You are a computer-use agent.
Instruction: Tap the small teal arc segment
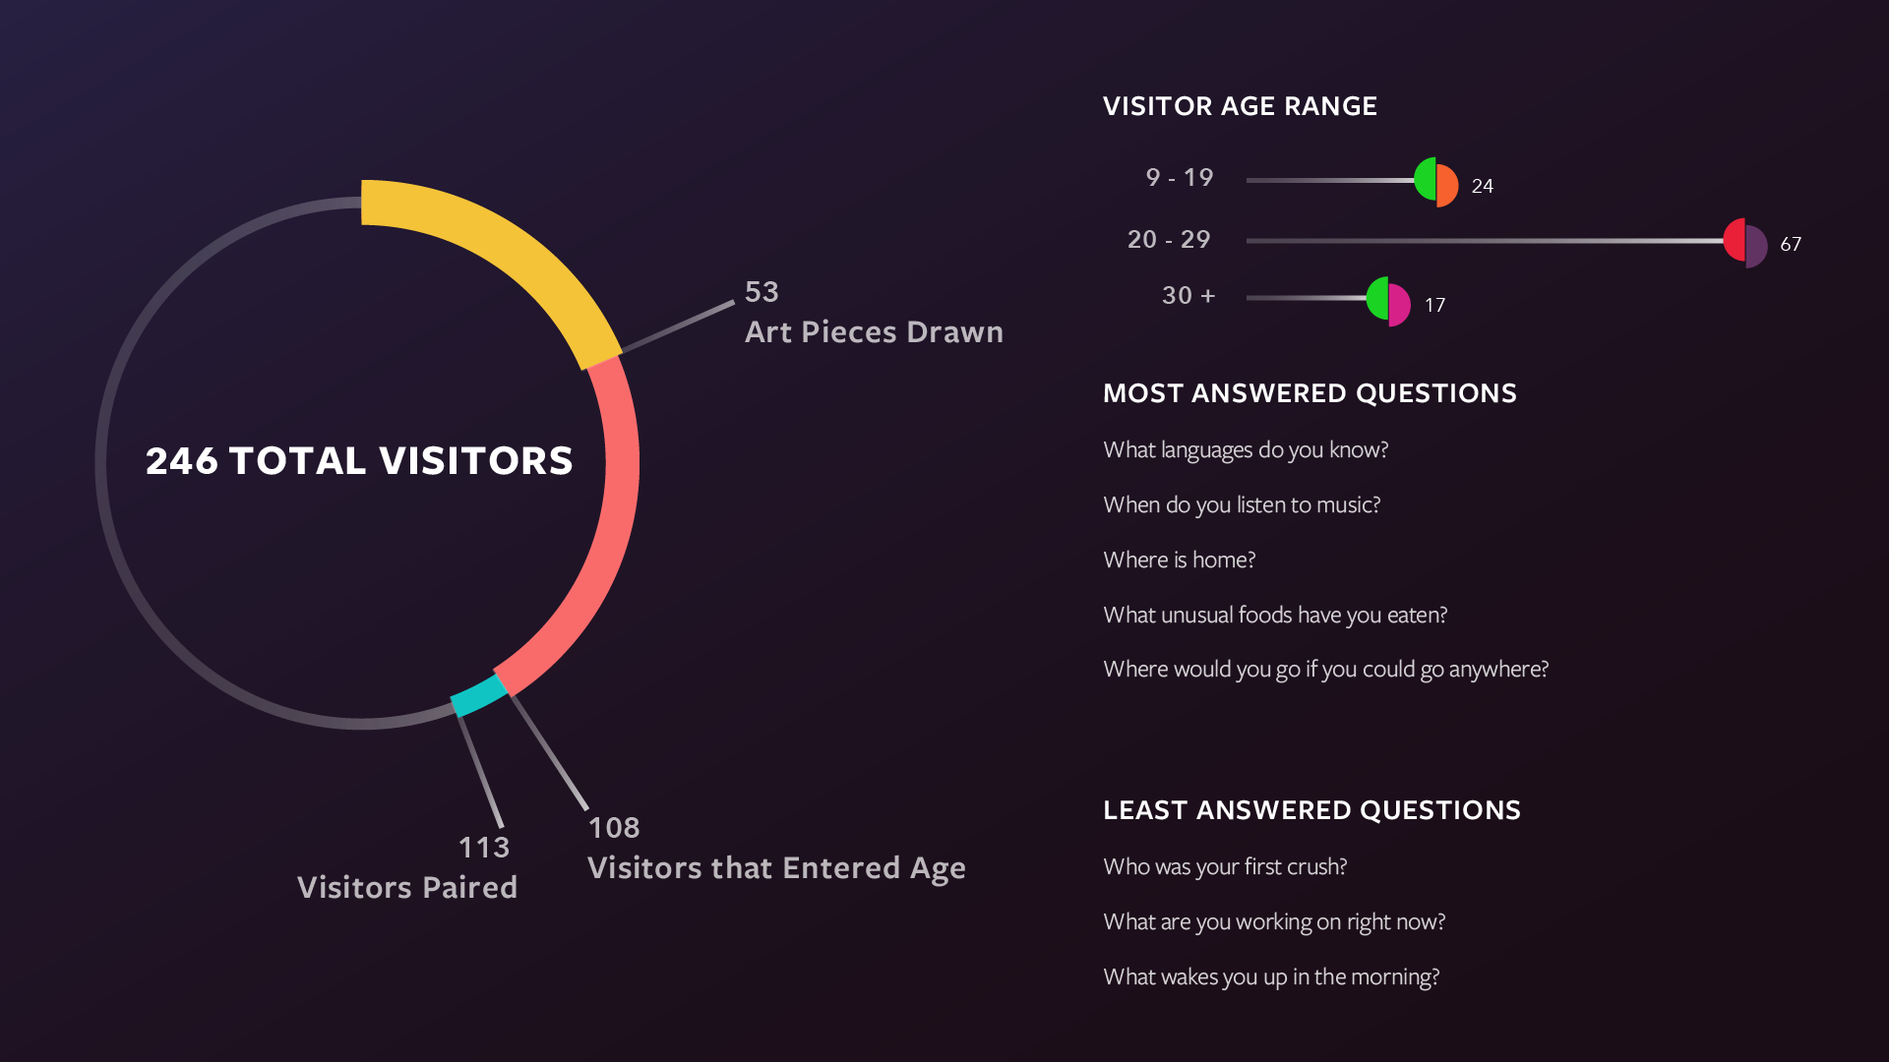[479, 695]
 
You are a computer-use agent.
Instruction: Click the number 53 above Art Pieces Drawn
[762, 292]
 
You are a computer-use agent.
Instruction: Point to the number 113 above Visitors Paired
[484, 848]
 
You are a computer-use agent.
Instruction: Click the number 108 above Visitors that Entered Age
[614, 828]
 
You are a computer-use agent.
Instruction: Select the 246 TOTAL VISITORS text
[359, 461]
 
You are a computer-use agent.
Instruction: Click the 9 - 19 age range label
[1180, 177]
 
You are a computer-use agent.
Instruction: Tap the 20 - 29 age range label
[1169, 239]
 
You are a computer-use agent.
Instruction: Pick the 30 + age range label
[1188, 295]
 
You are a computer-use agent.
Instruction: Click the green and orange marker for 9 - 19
[1436, 182]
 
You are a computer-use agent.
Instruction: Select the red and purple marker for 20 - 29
[1745, 243]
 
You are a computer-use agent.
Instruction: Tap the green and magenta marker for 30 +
[1388, 302]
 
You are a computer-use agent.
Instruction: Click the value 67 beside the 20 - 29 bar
[1791, 244]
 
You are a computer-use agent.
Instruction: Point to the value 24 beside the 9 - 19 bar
[1483, 186]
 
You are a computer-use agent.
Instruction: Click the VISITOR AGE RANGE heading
[1240, 106]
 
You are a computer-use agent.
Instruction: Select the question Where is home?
[1180, 560]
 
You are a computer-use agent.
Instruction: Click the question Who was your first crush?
[1225, 867]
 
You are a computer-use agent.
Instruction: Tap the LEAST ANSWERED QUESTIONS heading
[1311, 810]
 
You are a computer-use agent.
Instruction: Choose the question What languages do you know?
[1246, 450]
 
